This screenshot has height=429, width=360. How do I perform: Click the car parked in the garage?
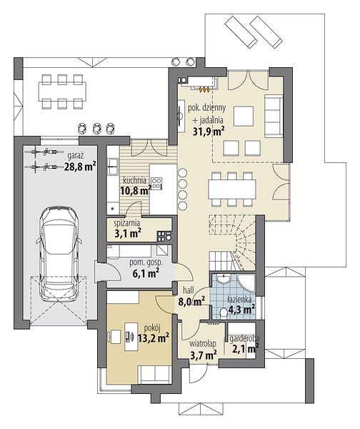point(59,254)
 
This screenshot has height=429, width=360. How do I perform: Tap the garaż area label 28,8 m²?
point(80,166)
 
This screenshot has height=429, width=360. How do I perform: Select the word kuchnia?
point(134,180)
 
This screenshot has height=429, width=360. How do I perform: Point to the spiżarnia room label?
point(127,223)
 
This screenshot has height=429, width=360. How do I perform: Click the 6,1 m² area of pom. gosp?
point(146,273)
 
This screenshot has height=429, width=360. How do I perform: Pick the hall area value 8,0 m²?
point(192,302)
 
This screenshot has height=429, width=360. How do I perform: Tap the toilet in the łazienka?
point(224,312)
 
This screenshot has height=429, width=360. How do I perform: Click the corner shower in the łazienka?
point(246,283)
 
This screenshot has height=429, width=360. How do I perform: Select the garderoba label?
point(244,339)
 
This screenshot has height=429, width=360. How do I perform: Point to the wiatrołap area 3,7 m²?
point(204,355)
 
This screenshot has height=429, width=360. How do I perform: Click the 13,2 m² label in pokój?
point(153,338)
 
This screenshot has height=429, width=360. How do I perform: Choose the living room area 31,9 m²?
point(209,132)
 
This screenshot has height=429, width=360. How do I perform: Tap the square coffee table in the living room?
point(244,116)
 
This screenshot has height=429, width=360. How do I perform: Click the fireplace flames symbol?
point(205,89)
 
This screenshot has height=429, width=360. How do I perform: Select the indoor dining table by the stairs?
point(232,189)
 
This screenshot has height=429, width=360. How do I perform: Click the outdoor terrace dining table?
point(62,92)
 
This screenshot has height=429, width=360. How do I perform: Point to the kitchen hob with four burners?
point(156,184)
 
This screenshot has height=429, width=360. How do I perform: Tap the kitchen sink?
point(112,166)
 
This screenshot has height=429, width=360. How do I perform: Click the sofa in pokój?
point(154,374)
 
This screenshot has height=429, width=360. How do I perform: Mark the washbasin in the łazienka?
point(224,279)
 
